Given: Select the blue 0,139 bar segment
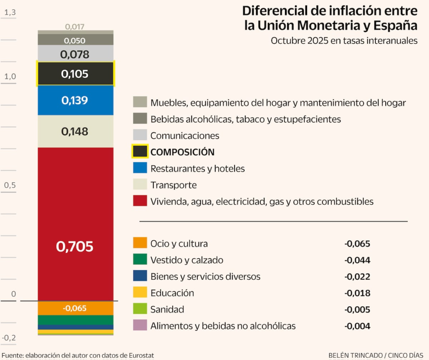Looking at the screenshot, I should tap(75, 100).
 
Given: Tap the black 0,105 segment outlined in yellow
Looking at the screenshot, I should tap(75, 74).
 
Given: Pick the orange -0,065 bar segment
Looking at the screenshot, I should tap(75, 308).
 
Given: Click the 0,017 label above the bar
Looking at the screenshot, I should tap(75, 27).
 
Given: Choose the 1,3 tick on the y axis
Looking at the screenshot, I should tap(9, 13).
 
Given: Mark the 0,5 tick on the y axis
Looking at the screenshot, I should tap(9, 185).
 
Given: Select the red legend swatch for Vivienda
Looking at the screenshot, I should tap(140, 201).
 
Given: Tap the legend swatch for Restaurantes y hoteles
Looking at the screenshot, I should tap(140, 168).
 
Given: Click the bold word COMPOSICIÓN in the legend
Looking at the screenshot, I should tap(182, 152).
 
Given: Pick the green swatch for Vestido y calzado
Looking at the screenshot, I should tap(140, 260).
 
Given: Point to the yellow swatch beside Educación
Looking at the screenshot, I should tap(140, 293).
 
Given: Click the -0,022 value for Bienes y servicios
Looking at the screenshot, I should tap(357, 277).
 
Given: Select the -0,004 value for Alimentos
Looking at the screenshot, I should tap(357, 326).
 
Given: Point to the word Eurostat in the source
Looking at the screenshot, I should tap(139, 355).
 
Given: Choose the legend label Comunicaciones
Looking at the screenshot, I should tap(185, 136).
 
